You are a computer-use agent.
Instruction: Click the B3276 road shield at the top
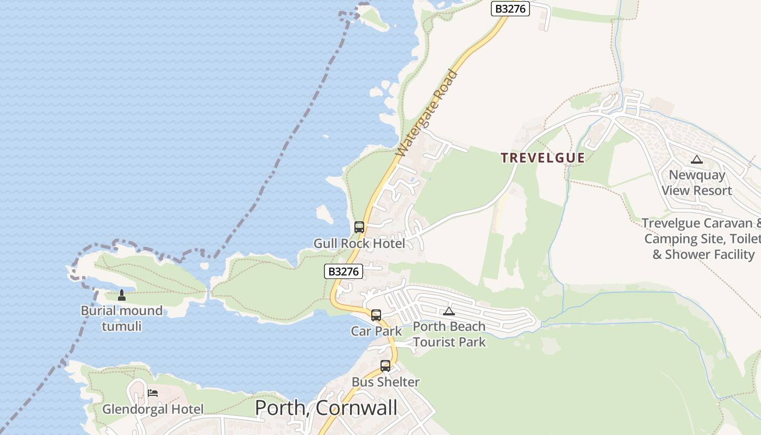pos(510,9)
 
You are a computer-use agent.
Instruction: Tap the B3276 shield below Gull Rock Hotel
pos(344,271)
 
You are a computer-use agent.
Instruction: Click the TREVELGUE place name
pos(542,158)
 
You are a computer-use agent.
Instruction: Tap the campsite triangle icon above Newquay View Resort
pos(696,160)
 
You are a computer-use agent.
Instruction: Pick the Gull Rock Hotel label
pos(359,243)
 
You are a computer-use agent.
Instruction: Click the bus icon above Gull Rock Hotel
pos(359,227)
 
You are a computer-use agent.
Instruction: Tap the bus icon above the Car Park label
pos(376,315)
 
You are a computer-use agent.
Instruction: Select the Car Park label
pos(376,331)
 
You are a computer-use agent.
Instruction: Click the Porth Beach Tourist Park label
pos(449,334)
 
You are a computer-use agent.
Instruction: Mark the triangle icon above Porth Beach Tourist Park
pos(448,312)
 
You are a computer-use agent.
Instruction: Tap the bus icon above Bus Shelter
pos(385,366)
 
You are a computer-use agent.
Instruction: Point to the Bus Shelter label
pos(385,382)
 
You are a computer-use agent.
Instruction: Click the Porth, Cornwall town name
pos(326,408)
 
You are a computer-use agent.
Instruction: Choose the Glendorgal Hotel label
pos(153,409)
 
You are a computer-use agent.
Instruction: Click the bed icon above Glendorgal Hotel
pos(153,393)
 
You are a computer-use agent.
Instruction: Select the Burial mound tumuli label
pos(122,318)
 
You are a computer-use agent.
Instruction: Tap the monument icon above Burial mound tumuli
pos(122,295)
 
